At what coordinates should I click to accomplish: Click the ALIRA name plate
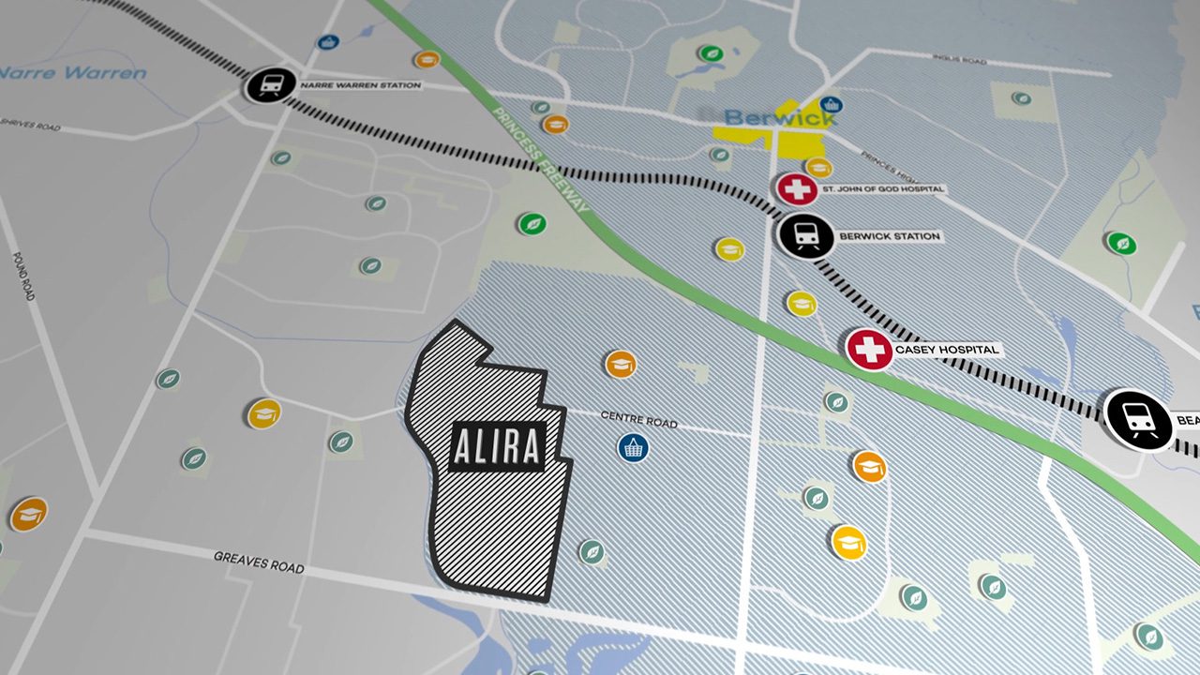[x=497, y=447]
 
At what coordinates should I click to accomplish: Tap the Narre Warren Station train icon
[x=270, y=86]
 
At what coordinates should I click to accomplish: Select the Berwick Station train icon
[x=805, y=236]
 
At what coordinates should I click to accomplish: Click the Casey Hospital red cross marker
[x=870, y=350]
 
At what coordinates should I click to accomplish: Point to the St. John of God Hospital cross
[x=797, y=188]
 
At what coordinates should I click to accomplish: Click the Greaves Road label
[x=259, y=562]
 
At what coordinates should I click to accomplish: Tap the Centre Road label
[x=638, y=419]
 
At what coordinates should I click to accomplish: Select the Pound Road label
[x=23, y=276]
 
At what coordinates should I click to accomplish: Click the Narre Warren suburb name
[x=73, y=72]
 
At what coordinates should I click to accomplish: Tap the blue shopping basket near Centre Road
[x=634, y=447]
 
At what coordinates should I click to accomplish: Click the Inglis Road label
[x=960, y=59]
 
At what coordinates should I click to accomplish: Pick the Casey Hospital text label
[x=947, y=350]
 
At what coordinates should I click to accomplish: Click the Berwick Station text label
[x=889, y=236]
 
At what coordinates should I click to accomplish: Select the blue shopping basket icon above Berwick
[x=830, y=104]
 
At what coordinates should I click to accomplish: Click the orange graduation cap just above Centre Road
[x=621, y=364]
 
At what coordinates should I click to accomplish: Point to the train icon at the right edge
[x=1138, y=418]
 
